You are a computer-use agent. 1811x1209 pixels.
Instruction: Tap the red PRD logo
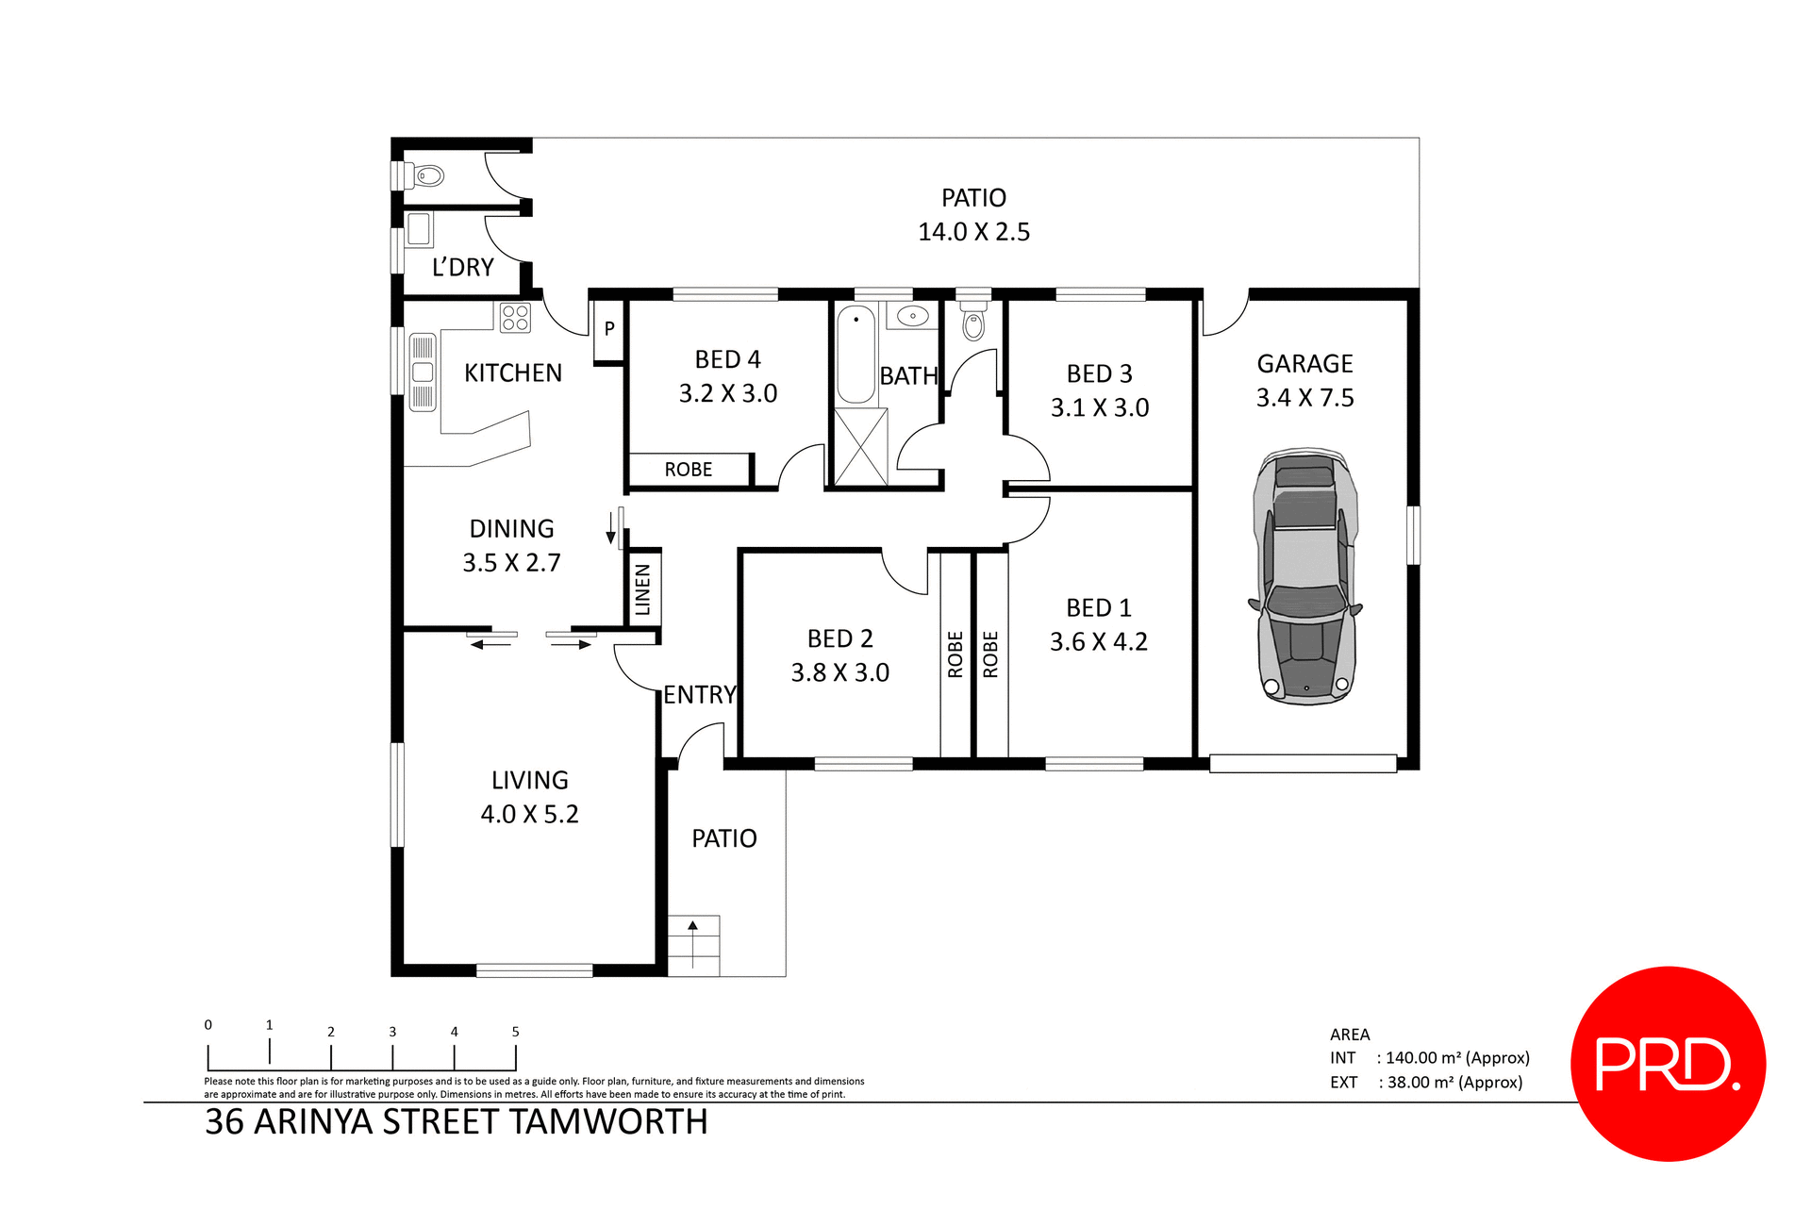[x=1668, y=1064]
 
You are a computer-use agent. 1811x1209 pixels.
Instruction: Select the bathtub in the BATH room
[x=856, y=355]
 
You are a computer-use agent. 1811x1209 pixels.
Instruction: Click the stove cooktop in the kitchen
[x=515, y=318]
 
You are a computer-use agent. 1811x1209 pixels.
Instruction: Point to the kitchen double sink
[x=423, y=372]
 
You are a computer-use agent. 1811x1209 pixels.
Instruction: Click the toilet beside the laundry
[x=428, y=175]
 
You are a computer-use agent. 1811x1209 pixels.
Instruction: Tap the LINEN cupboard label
[x=643, y=588]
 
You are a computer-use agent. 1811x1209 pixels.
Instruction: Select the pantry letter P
[x=609, y=328]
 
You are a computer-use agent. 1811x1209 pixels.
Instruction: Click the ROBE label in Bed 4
[x=688, y=470]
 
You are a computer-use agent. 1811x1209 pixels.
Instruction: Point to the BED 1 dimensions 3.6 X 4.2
[x=1098, y=642]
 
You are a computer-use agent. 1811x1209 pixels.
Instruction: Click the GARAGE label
[x=1304, y=364]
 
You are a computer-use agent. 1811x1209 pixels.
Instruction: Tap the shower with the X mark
[x=860, y=447]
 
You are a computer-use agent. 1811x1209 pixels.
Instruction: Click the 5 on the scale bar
[x=515, y=1032]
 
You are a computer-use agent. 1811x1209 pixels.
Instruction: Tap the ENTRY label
[x=699, y=695]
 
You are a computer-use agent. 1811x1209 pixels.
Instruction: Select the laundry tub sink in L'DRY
[x=420, y=229]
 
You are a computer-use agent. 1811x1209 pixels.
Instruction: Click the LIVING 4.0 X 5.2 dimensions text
[x=529, y=814]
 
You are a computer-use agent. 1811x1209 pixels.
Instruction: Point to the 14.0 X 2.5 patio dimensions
[x=973, y=232]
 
